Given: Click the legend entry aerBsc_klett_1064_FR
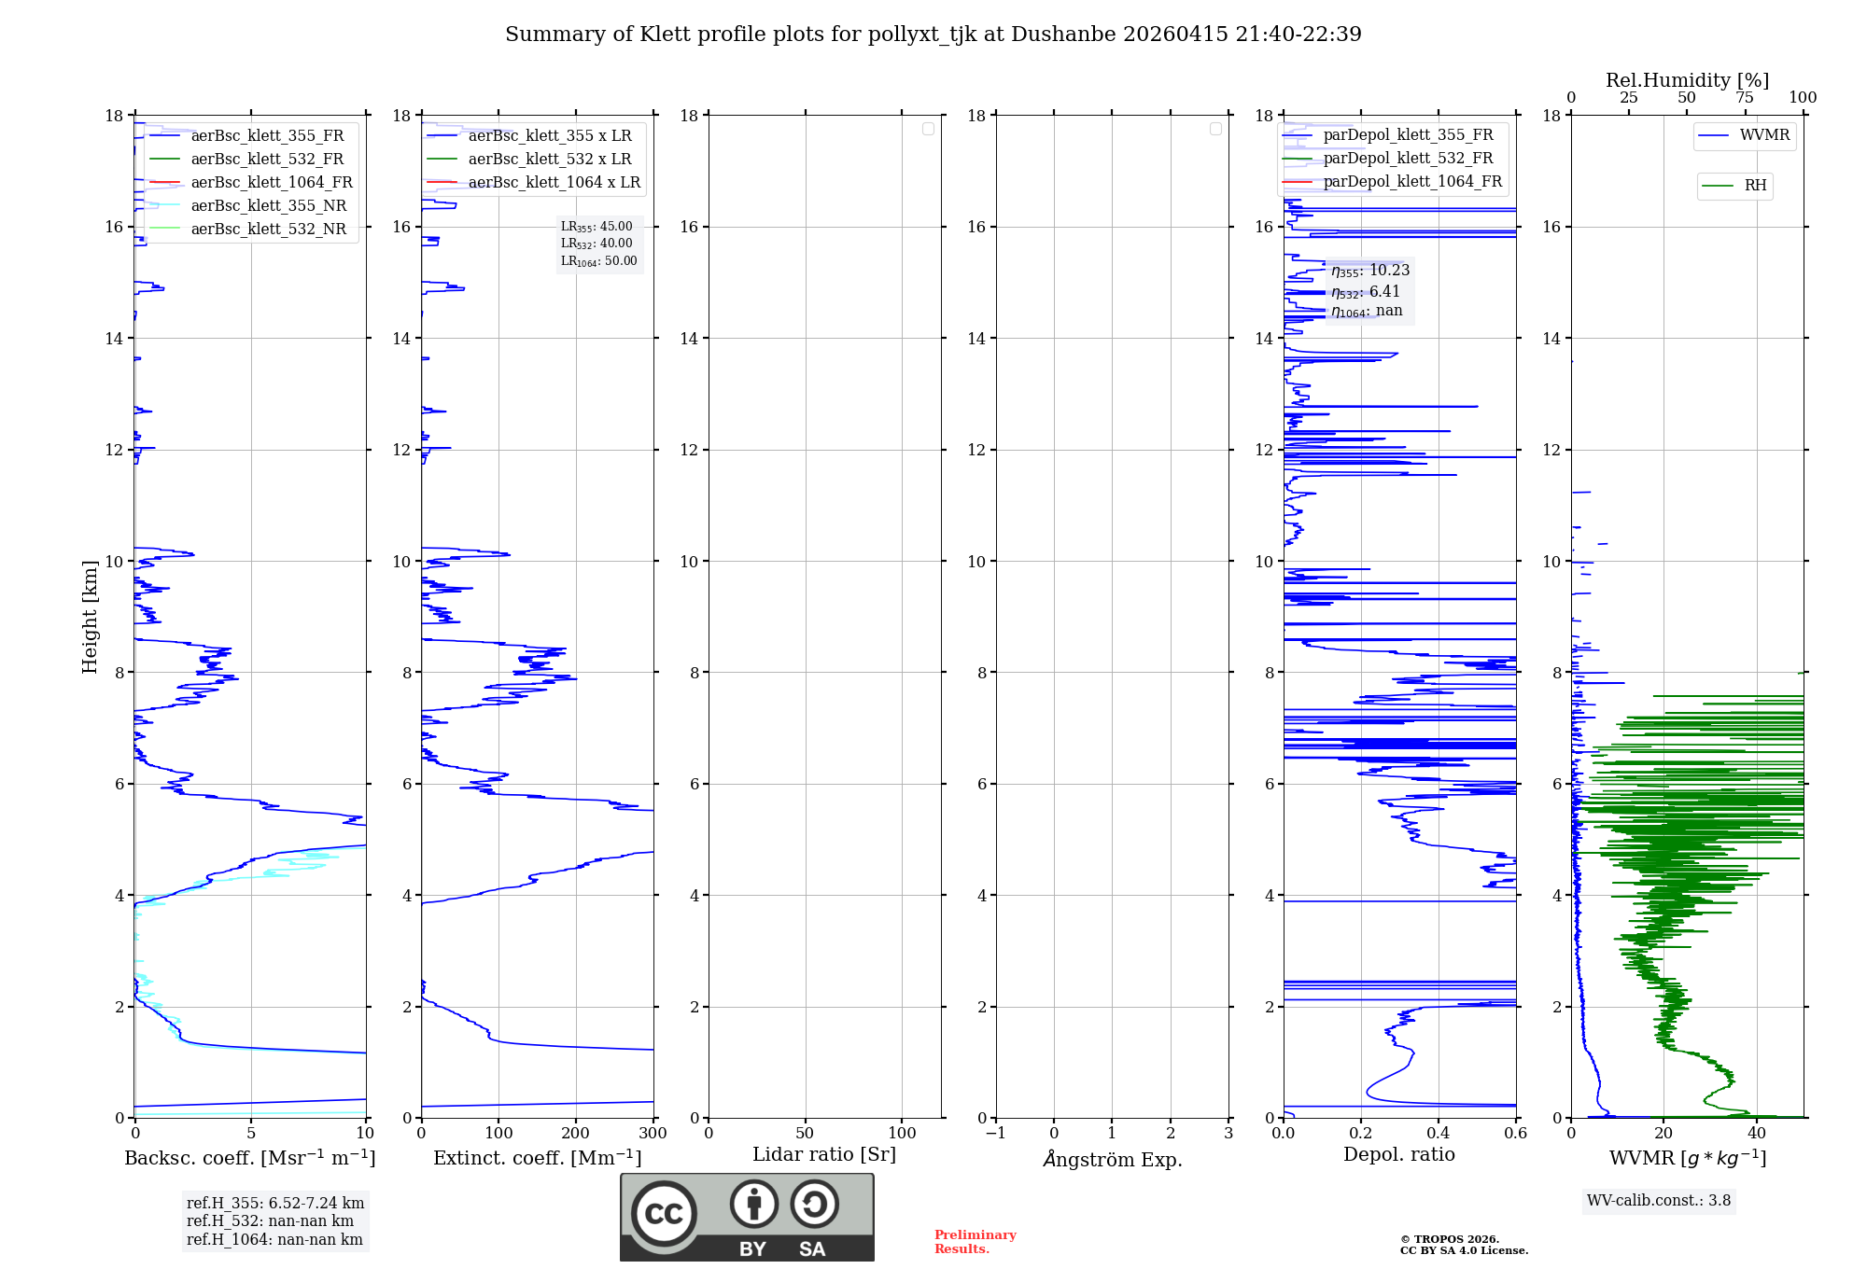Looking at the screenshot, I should (x=271, y=182).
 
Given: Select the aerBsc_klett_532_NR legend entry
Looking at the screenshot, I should (x=268, y=229).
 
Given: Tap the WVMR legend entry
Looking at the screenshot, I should (x=1764, y=135).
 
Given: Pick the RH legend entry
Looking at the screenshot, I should (x=1755, y=186).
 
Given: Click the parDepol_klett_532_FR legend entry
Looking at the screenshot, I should (x=1408, y=159).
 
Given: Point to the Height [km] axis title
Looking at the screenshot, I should (x=90, y=616).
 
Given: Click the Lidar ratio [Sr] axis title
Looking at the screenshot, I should (x=823, y=1154).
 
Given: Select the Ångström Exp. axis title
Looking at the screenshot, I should (x=1112, y=1159).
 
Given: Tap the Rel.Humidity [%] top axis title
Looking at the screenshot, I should (x=1687, y=80).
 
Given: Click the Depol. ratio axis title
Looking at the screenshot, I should (x=1398, y=1154).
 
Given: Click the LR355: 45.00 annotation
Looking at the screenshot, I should (x=597, y=227).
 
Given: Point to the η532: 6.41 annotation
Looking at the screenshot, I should (x=1366, y=292).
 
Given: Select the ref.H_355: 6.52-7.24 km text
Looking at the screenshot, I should (x=275, y=1203).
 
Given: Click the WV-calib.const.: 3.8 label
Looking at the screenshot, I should (x=1659, y=1201).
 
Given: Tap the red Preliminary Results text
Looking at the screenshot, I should (x=975, y=1241).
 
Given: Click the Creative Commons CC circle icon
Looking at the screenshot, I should (x=664, y=1214).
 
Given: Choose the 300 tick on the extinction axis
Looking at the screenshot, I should (x=653, y=1133).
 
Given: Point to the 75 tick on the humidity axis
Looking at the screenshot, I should (x=1744, y=98).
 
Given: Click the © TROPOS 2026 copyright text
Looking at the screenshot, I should (x=1449, y=1239).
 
